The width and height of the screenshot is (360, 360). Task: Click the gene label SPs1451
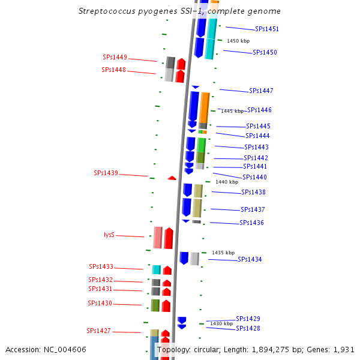(267, 29)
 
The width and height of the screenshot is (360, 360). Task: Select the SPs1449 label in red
(115, 57)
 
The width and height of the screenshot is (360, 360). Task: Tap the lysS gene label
(109, 235)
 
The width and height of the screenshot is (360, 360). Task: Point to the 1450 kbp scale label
(238, 41)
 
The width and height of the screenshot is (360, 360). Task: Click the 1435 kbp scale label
(223, 253)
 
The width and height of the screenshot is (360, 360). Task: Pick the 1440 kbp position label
(227, 182)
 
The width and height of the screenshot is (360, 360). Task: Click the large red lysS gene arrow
(169, 238)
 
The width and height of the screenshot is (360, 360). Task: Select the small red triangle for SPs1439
(172, 178)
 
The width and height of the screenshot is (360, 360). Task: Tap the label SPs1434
(250, 259)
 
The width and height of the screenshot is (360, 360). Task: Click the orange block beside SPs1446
(204, 107)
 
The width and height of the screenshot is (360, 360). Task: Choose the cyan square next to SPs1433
(157, 270)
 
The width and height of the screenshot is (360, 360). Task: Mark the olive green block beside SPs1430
(155, 305)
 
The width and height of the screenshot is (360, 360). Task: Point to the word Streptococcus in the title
(107, 11)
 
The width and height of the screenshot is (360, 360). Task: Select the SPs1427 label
(99, 331)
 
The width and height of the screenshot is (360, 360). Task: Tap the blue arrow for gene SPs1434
(184, 258)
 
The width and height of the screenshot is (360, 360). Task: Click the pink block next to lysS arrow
(158, 238)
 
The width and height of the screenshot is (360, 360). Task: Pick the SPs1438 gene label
(253, 192)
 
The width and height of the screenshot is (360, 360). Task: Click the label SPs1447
(261, 91)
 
